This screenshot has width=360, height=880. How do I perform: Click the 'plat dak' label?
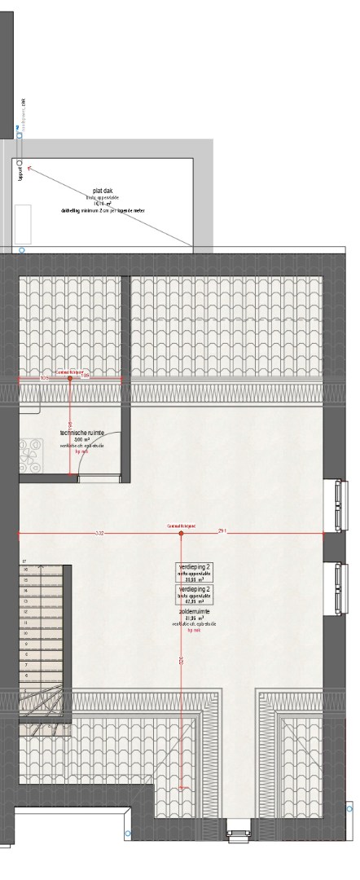tap(103, 191)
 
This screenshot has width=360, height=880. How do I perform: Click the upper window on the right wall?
tap(336, 505)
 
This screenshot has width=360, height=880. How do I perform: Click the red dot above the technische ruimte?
tap(70, 378)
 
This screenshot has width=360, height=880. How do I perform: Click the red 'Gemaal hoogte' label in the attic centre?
tap(181, 526)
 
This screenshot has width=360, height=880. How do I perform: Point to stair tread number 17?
tap(25, 562)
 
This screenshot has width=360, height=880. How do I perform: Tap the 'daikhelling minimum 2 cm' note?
tap(103, 210)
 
